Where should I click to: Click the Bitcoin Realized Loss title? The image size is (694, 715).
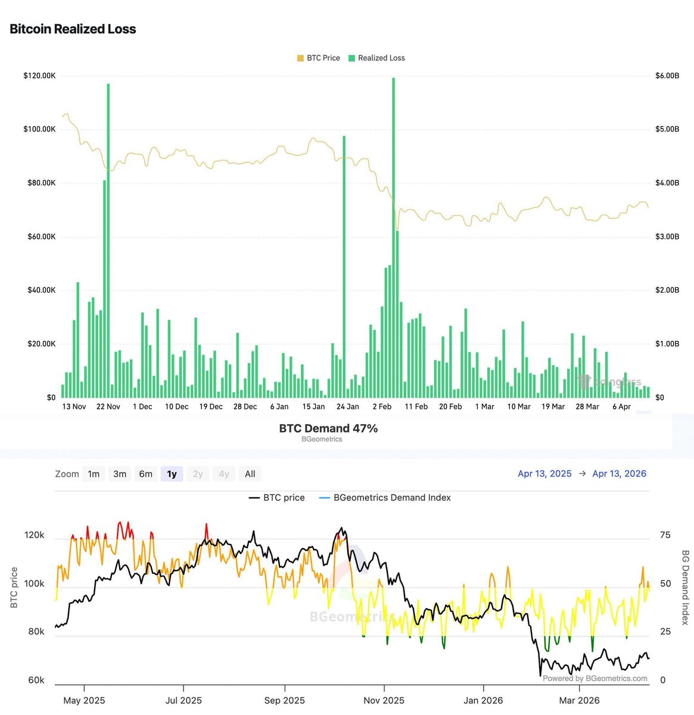point(73,29)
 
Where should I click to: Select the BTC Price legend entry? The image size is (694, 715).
point(319,58)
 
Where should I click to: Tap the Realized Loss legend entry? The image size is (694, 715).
point(377,58)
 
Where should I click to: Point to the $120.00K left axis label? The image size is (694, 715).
point(39,76)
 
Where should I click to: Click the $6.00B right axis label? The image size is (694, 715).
point(667,76)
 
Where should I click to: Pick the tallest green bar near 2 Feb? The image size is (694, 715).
point(393,238)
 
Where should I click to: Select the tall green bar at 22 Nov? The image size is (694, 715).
point(108,238)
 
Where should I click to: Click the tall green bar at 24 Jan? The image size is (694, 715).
point(344,268)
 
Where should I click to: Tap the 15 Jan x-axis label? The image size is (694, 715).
point(313,406)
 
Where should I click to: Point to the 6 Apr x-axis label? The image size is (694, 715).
point(621,406)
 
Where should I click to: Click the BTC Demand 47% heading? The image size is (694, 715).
point(328,428)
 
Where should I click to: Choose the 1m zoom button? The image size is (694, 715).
point(94,474)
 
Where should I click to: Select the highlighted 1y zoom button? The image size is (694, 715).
point(172,474)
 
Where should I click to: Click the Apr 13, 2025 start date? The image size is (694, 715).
point(544,474)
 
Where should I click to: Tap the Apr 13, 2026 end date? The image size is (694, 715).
point(619,474)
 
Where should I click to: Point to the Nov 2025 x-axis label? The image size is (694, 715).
point(384,700)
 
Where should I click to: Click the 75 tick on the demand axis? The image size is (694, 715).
point(665,535)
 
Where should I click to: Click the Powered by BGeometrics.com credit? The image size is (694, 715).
point(595,678)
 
